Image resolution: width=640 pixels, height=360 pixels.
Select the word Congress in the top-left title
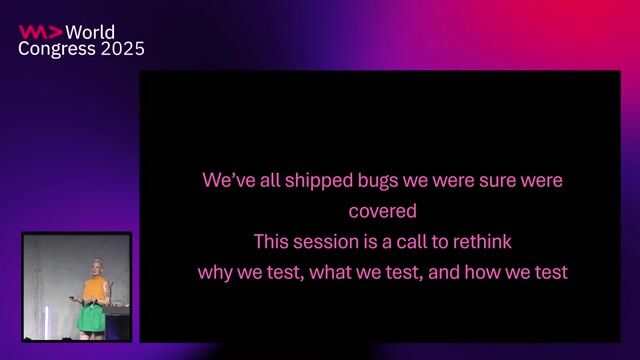click(x=56, y=49)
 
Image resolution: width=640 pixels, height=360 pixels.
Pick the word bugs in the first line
click(x=382, y=181)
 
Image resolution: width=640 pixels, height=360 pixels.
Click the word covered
click(x=382, y=211)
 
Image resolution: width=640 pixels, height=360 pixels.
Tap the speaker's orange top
click(x=95, y=290)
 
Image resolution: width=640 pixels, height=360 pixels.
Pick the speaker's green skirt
click(x=94, y=316)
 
